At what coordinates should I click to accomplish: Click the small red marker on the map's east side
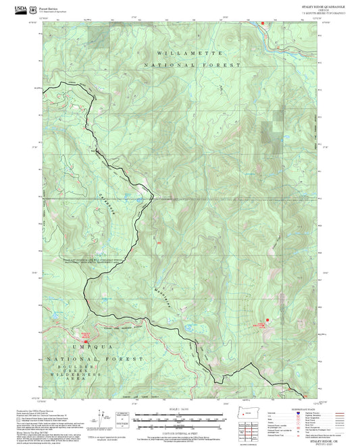point(268,319)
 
